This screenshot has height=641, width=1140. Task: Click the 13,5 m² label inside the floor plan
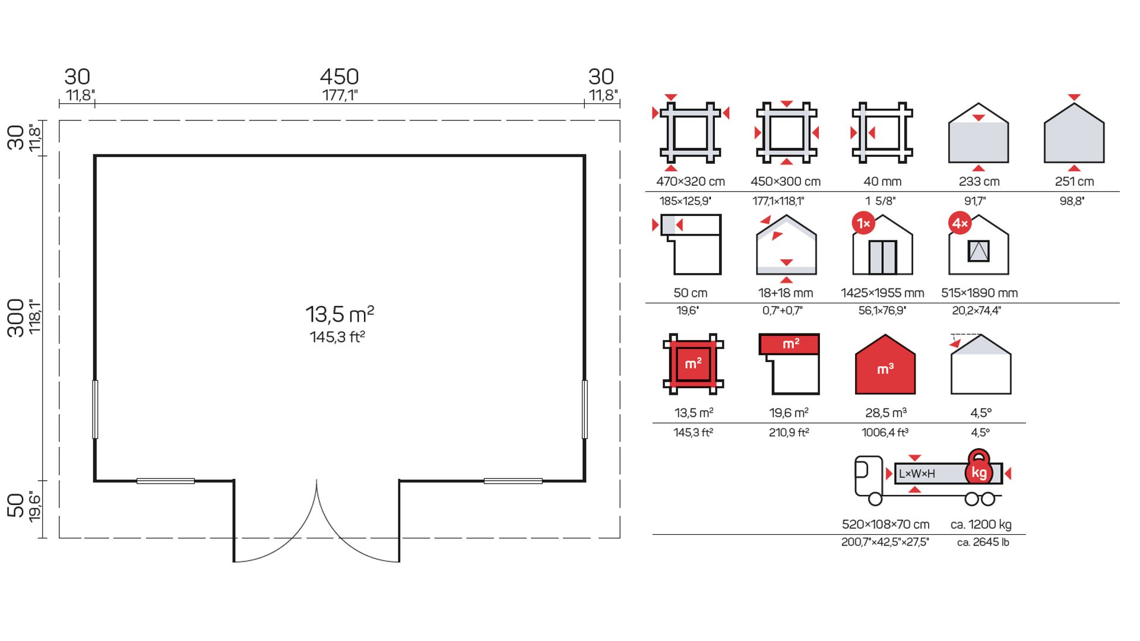coord(340,313)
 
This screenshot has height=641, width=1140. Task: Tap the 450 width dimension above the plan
coord(339,77)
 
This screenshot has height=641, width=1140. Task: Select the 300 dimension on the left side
coord(15,318)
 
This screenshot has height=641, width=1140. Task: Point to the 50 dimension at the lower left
coord(15,505)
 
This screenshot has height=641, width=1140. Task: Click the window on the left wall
coord(95,410)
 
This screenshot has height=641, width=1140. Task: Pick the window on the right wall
coord(585,410)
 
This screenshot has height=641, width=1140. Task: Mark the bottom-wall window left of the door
coord(166,481)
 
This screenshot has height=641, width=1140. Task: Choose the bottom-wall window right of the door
coord(513,481)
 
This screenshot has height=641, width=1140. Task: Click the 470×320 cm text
coord(691,182)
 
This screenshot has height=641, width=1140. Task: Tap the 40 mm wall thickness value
coord(882,182)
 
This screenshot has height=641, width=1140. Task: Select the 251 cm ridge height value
coord(1074,182)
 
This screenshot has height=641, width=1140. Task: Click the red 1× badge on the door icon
coord(863,223)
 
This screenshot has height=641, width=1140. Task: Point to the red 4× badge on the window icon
coord(960,223)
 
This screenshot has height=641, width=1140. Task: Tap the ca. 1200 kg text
coord(981,525)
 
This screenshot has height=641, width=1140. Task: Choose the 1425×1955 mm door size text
coord(882,293)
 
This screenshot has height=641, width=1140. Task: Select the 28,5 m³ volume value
coord(886,413)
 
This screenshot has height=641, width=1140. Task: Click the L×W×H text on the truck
coord(917,474)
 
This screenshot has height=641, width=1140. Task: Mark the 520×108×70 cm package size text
coord(885,525)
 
